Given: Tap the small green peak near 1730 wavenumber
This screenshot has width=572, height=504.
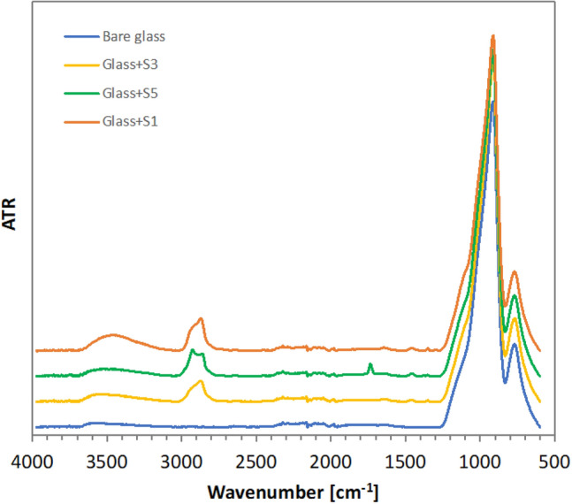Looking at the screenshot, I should pos(370,364).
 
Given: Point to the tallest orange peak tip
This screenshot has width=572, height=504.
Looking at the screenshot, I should pos(492,36).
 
